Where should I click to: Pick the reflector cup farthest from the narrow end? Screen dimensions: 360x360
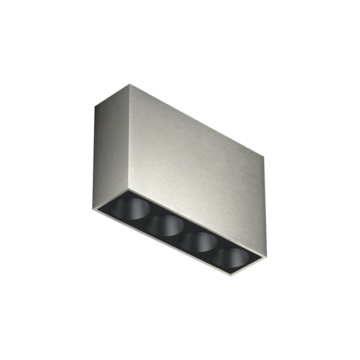[x=230, y=258]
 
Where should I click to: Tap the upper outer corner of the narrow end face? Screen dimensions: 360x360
[x=95, y=106]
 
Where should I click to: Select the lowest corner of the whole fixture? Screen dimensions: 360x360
[x=230, y=275]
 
